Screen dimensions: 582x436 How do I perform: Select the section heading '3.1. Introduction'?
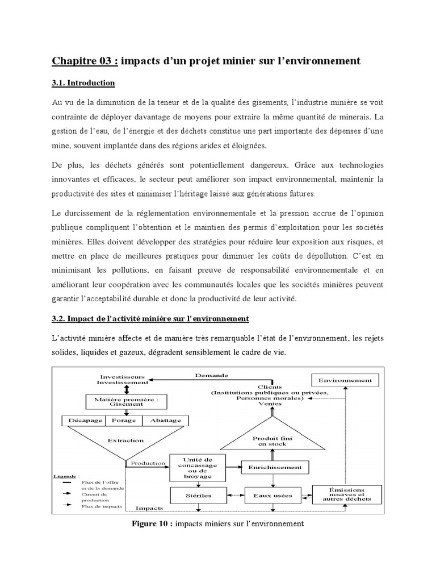coord(83,84)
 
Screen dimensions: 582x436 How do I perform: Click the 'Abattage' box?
coord(165,421)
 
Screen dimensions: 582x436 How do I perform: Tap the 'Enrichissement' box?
coord(275,467)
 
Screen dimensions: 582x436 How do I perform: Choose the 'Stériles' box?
coord(197,495)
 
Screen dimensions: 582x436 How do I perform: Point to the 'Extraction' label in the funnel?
coord(125,440)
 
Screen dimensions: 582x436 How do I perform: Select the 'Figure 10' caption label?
coord(151,523)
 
